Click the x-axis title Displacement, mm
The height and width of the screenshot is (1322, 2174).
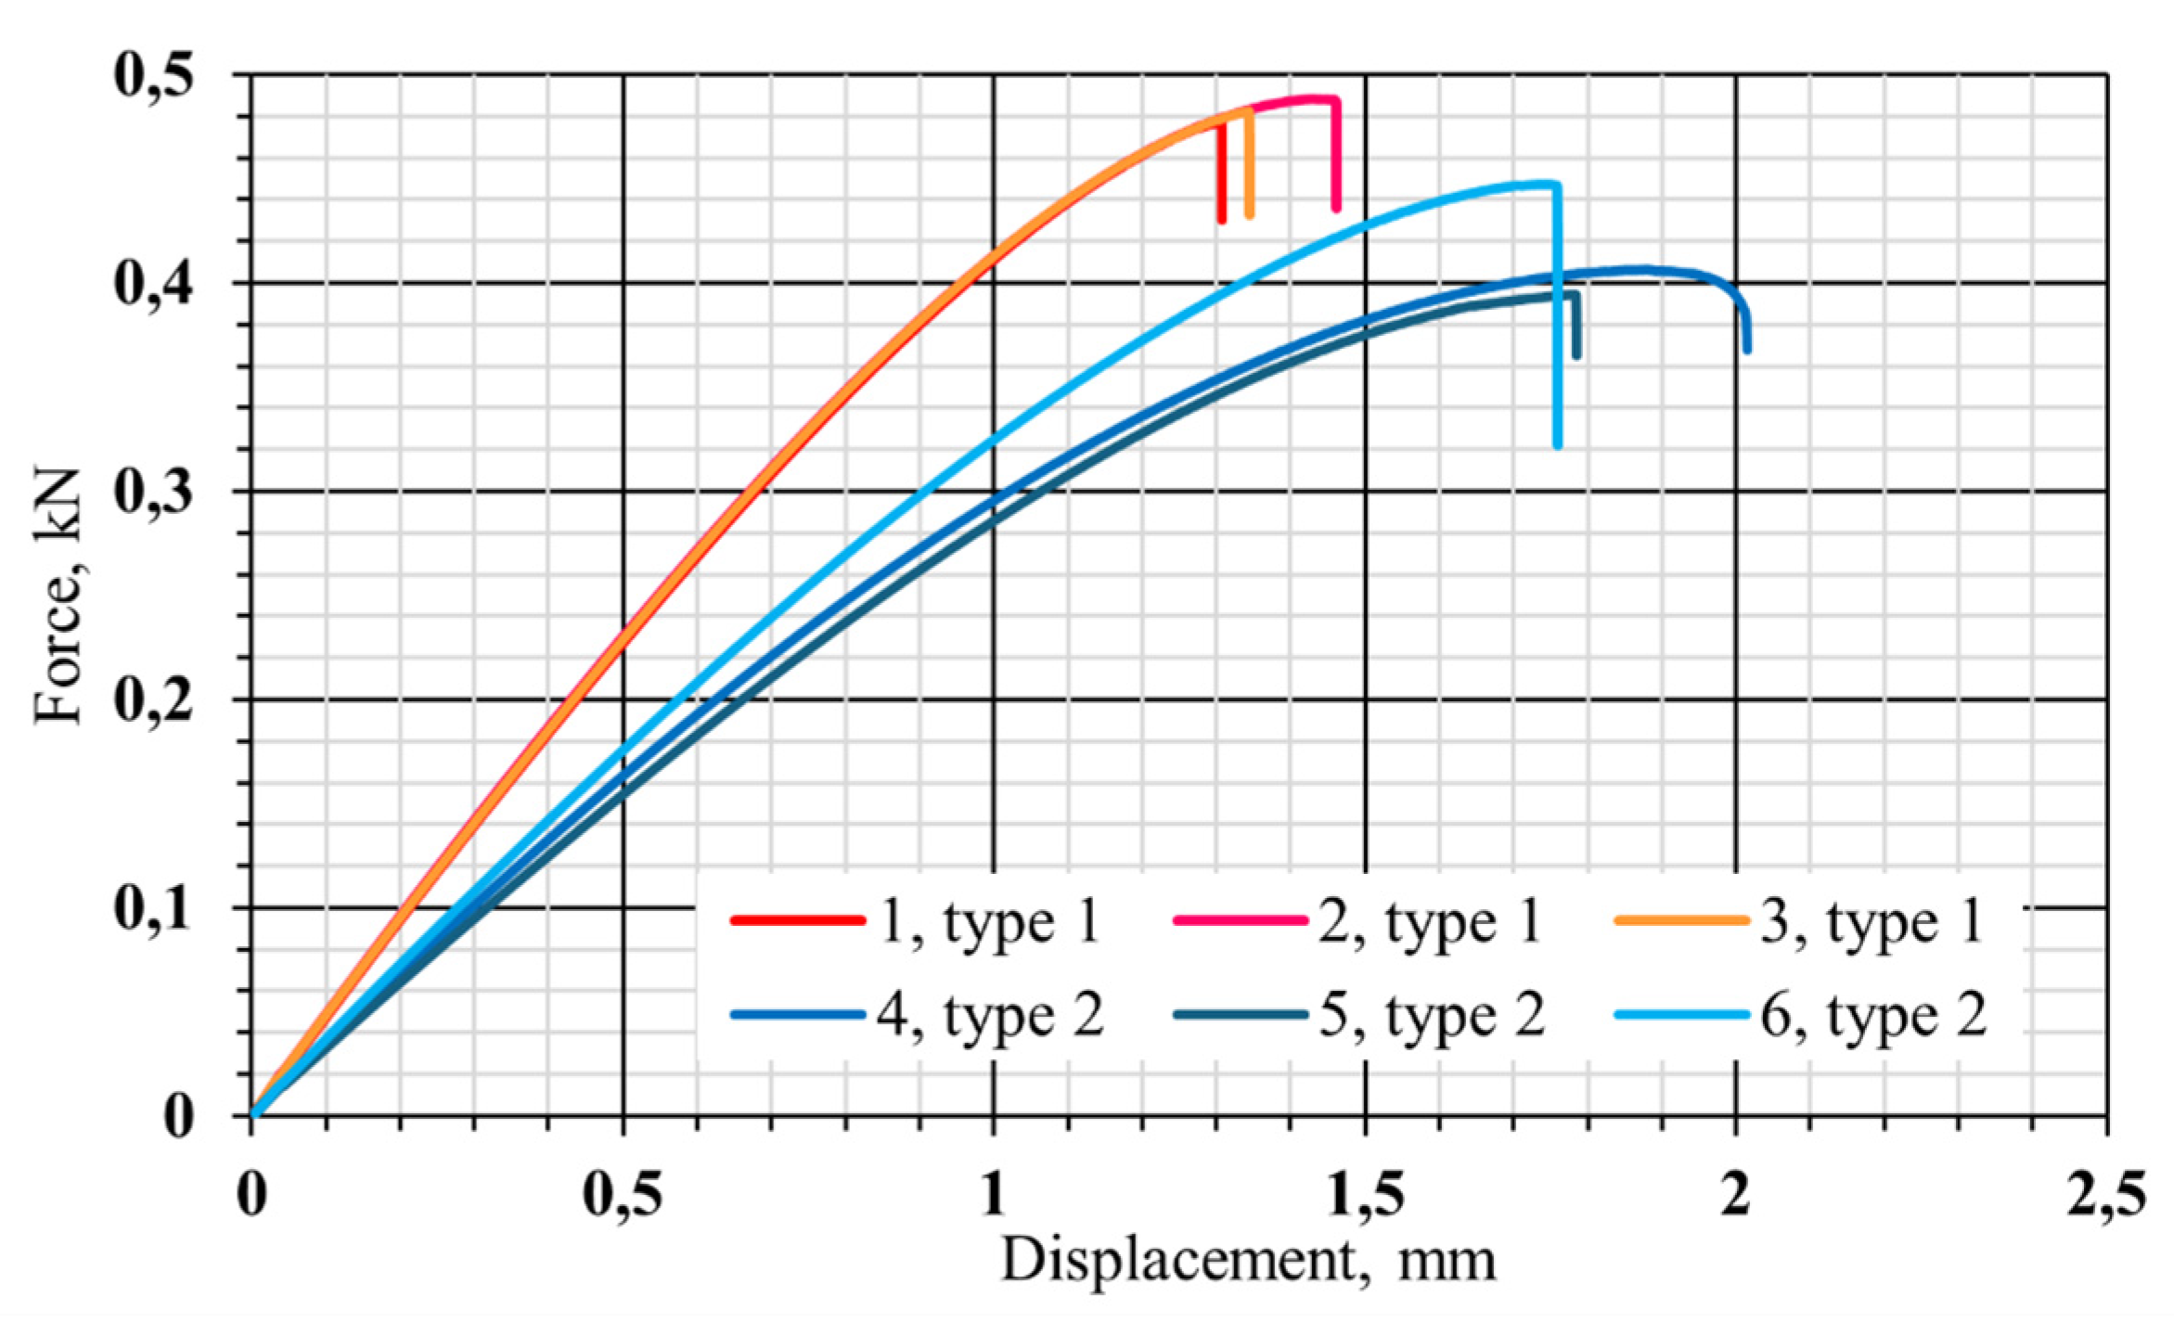(1248, 1260)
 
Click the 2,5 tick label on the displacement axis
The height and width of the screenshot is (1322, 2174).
(2106, 1195)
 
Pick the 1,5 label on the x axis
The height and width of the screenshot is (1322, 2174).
(1364, 1195)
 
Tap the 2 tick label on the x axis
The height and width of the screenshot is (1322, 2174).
(1735, 1195)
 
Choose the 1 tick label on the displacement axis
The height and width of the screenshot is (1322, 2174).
(993, 1195)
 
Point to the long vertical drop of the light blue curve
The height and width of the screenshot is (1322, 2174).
(1557, 315)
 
